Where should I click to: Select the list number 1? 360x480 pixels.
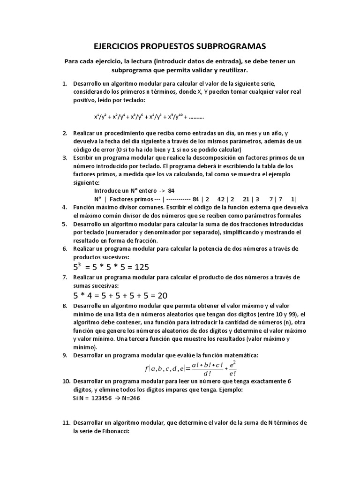click(65, 83)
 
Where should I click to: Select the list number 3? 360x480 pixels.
click(65, 157)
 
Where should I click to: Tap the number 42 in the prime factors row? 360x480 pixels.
click(222, 198)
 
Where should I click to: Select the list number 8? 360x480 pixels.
click(65, 306)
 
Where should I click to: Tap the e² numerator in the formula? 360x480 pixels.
click(233, 364)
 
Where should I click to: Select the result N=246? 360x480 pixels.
click(130, 398)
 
